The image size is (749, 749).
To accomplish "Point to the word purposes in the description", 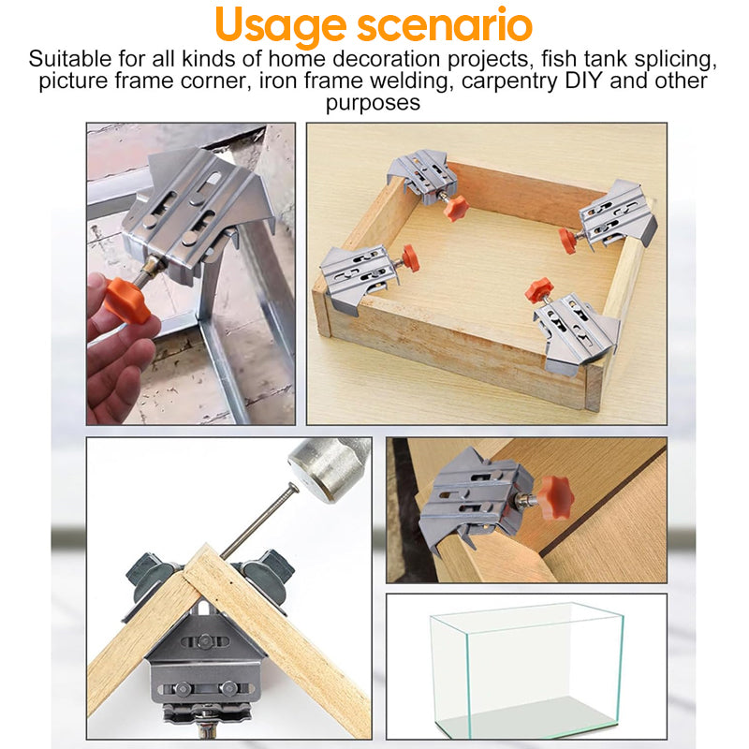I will (x=374, y=102).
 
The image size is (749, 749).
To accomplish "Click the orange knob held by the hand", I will (x=127, y=300).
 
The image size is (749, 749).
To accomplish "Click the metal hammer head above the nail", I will (x=322, y=466).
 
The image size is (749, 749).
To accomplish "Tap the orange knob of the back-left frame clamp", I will (x=456, y=207).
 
